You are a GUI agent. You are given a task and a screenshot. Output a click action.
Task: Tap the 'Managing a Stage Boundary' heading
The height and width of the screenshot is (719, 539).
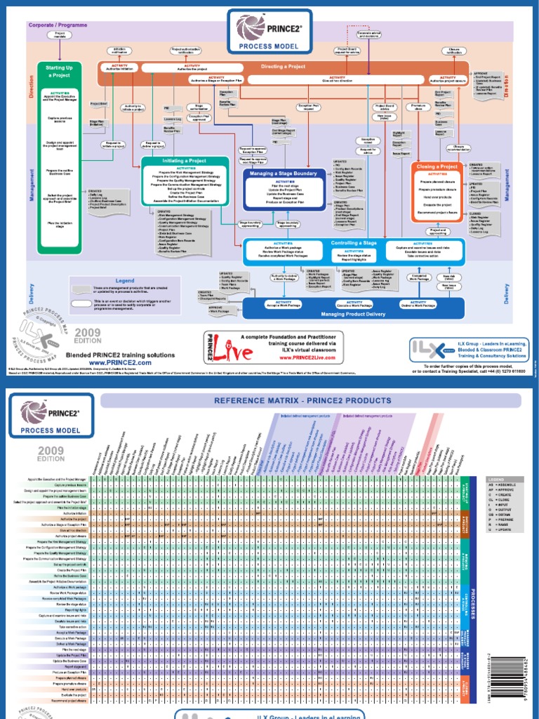[284, 173]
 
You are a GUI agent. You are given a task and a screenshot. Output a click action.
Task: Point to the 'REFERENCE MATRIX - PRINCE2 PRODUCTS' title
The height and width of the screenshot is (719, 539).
[310, 400]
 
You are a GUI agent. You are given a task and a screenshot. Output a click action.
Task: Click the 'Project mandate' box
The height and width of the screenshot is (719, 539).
[60, 34]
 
